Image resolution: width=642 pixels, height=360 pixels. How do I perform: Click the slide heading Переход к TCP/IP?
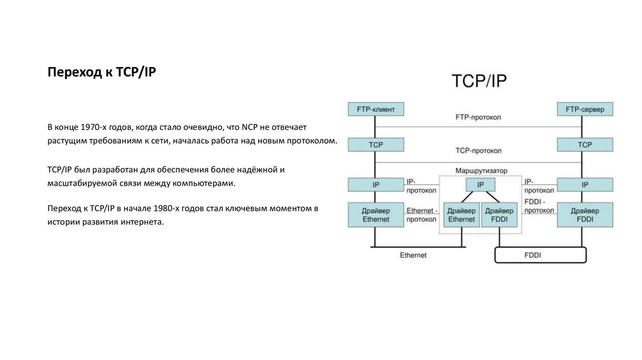[x=102, y=73]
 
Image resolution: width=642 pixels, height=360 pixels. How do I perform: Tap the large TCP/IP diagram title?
[x=480, y=82]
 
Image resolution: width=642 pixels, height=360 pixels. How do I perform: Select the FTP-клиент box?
[x=376, y=110]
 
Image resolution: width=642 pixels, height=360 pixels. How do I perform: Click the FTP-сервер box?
[x=584, y=110]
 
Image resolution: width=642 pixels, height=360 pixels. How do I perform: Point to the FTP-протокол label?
[x=478, y=117]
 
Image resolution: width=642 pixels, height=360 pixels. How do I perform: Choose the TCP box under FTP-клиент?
[x=376, y=145]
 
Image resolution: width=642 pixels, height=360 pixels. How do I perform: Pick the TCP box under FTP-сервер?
[x=584, y=145]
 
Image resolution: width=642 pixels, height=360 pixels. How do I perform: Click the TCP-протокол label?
[x=478, y=151]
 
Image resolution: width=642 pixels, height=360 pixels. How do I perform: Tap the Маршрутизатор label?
[x=481, y=171]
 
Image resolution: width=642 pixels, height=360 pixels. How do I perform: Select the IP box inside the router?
[x=480, y=185]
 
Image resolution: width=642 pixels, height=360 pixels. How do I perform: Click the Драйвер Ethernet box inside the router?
[x=462, y=215]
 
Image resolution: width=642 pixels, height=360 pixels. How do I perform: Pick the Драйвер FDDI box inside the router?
[x=500, y=215]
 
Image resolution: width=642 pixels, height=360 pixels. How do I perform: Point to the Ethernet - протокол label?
[x=422, y=215]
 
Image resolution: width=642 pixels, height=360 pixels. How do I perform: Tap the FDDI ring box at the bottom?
[x=540, y=255]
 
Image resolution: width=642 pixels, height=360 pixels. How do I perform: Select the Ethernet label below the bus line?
[x=413, y=255]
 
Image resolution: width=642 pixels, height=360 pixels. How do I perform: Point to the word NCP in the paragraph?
[x=242, y=127]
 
